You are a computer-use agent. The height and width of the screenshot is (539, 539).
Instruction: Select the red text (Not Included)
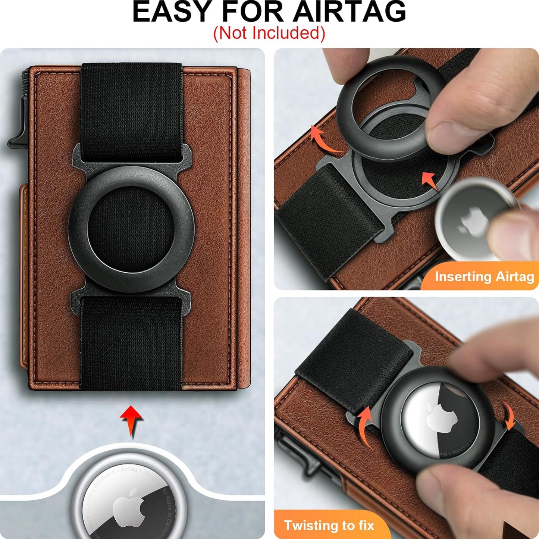pyautogui.click(x=269, y=33)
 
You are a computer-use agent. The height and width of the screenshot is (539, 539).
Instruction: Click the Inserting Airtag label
pyautogui.click(x=484, y=277)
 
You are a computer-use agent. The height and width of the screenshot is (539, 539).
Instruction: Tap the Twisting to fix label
pyautogui.click(x=329, y=525)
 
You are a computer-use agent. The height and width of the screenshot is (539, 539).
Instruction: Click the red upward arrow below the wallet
pyautogui.click(x=131, y=420)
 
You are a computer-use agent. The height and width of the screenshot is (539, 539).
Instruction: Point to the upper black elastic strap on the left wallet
pyautogui.click(x=131, y=112)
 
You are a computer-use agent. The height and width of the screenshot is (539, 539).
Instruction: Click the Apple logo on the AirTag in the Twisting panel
pyautogui.click(x=442, y=420)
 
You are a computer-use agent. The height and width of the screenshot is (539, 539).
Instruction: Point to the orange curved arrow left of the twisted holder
pyautogui.click(x=366, y=425)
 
